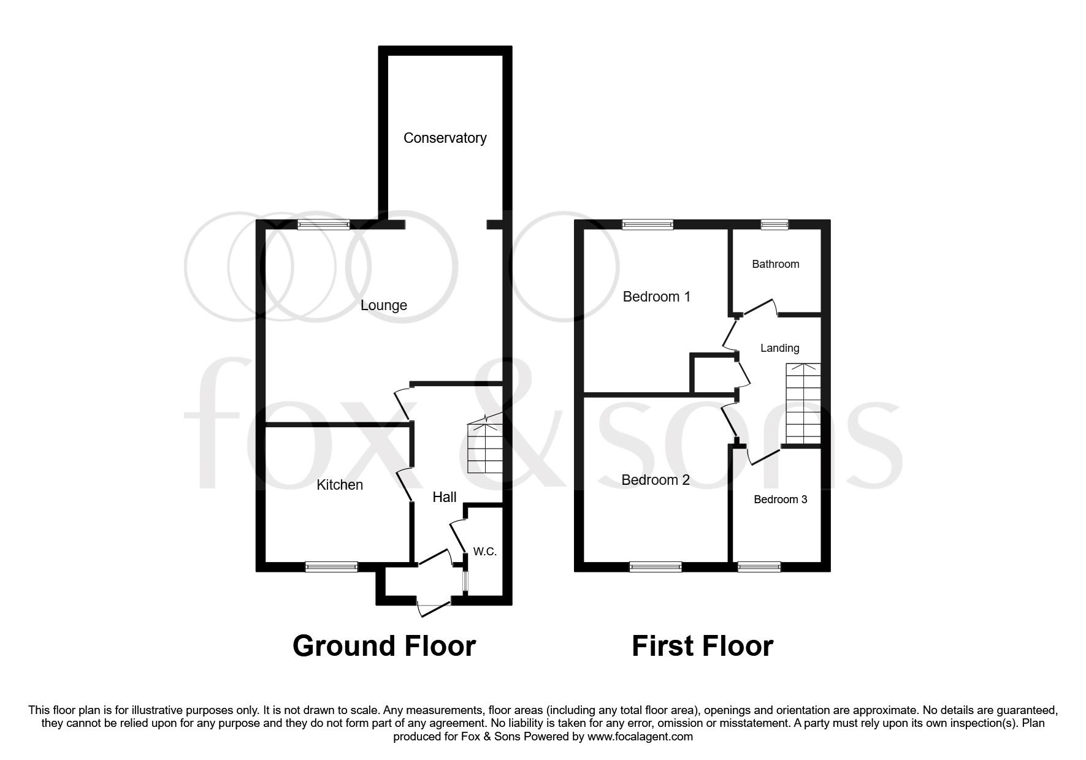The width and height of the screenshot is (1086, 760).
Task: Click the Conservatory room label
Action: point(445,138)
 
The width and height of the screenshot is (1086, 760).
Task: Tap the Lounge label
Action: point(383,305)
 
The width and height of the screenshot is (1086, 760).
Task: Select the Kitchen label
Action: point(339,485)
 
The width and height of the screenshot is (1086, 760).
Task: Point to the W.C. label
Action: point(484,552)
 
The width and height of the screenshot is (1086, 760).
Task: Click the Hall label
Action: point(444,497)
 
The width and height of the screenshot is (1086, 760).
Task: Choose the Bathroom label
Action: point(775,264)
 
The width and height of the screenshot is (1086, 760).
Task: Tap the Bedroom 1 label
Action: point(656,297)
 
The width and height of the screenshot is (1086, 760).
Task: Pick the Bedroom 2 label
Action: point(656,480)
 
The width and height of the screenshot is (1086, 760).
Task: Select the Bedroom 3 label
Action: point(780,500)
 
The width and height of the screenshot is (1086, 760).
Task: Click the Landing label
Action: point(779,348)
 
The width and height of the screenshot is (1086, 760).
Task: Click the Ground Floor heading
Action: point(384,646)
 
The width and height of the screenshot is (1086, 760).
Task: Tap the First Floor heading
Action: point(702,646)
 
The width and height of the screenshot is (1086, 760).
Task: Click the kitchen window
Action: point(331,567)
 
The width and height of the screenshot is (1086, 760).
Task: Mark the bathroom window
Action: point(775,224)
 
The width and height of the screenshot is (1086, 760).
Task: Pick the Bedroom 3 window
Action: point(759,567)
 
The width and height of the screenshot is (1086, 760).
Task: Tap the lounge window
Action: point(324,224)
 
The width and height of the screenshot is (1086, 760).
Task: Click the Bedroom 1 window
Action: point(648,224)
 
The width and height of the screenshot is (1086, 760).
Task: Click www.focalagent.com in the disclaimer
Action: point(640,737)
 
